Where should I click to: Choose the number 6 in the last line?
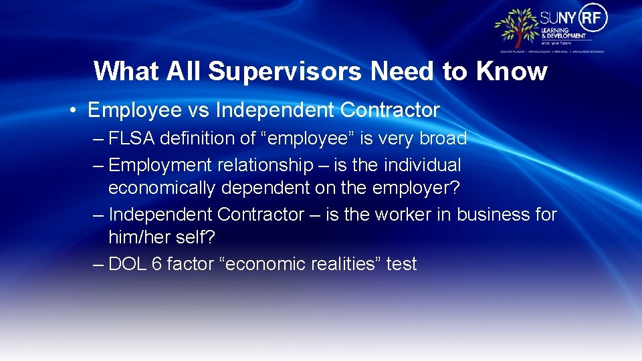click(x=156, y=264)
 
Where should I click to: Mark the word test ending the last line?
click(x=401, y=264)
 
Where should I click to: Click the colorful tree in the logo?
click(x=516, y=28)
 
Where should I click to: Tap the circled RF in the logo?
click(x=592, y=18)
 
